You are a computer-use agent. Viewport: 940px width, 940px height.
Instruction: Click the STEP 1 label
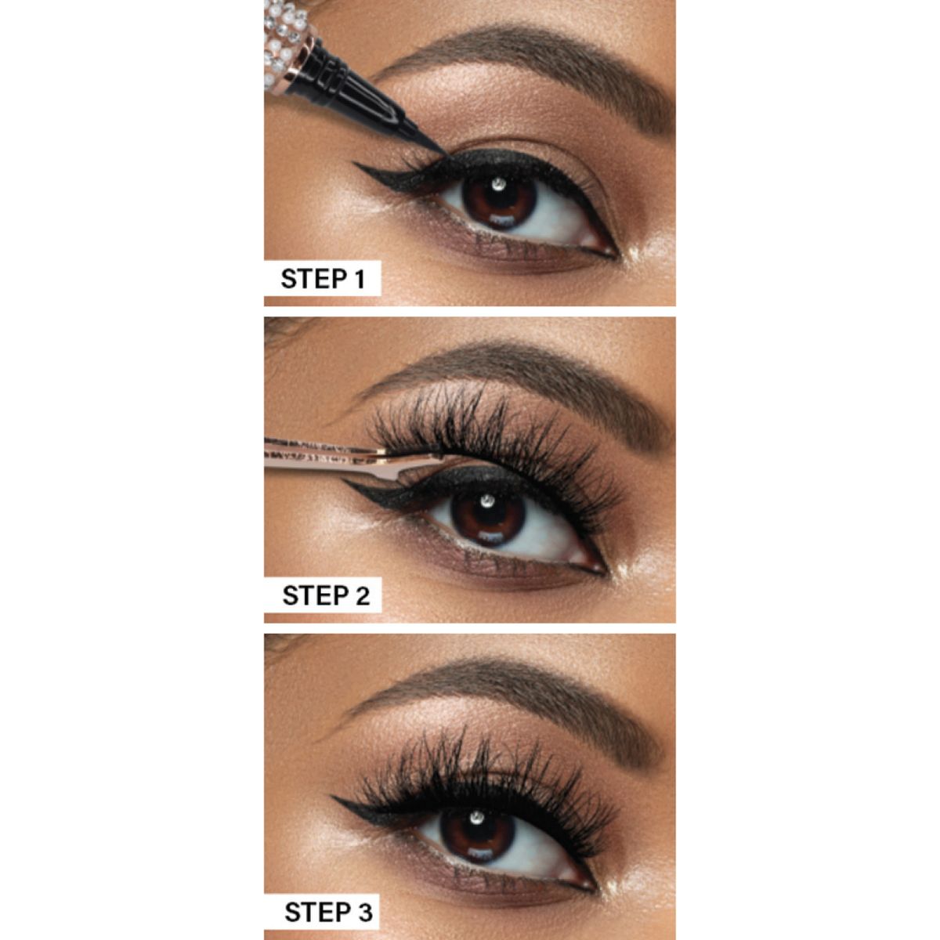pos(323,279)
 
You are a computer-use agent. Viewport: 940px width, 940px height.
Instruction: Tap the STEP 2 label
pos(326,595)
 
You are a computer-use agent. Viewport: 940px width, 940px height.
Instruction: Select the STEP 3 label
pos(328,912)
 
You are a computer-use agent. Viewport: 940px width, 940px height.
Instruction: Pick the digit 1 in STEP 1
pos(360,279)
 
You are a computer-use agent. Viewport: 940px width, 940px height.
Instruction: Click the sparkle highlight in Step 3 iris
pos(475,815)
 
